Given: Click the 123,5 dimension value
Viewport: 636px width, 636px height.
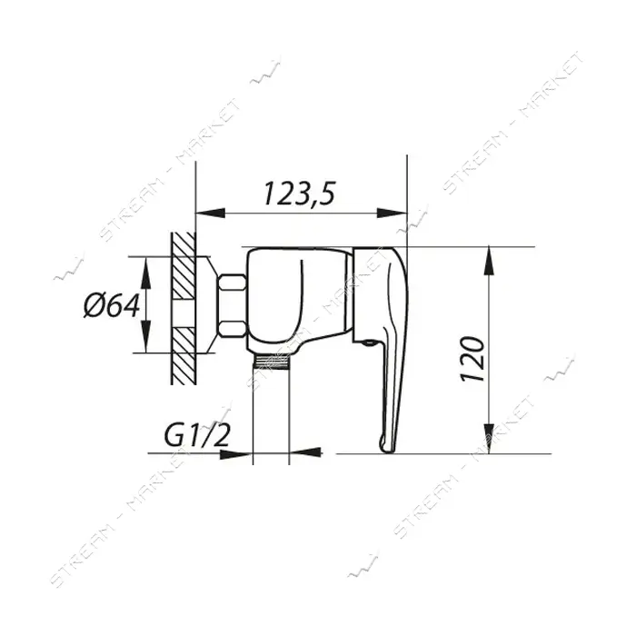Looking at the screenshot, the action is click(299, 194).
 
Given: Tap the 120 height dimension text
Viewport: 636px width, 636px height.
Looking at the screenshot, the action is click(472, 360).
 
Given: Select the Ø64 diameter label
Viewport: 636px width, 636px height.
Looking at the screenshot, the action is click(112, 305).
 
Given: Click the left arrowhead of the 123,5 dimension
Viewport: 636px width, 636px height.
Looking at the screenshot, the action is click(211, 213).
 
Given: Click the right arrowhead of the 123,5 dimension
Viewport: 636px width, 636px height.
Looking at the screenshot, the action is click(393, 213).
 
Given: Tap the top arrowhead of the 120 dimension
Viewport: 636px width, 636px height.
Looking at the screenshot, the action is click(490, 261).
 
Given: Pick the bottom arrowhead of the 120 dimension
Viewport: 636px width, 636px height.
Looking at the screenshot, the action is click(490, 439).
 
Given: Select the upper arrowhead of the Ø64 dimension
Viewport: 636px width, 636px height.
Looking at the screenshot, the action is click(145, 271).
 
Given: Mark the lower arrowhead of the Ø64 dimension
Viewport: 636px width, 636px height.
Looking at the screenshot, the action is click(145, 338).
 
